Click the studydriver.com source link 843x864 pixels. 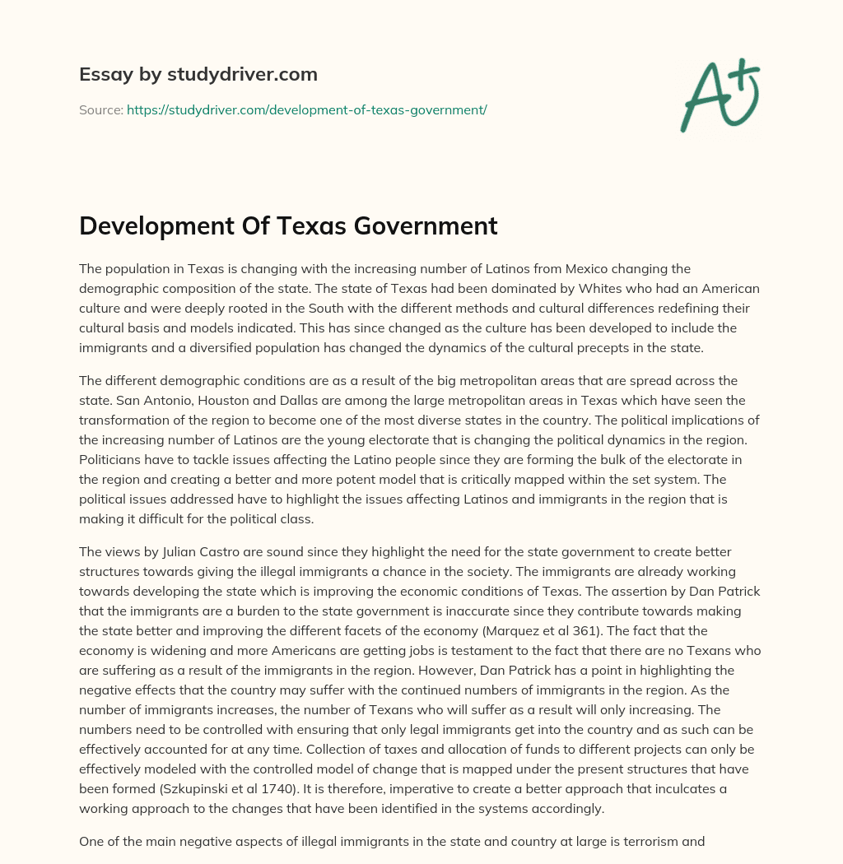[307, 109]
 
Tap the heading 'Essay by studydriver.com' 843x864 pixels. [198, 74]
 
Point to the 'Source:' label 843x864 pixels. [100, 109]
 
